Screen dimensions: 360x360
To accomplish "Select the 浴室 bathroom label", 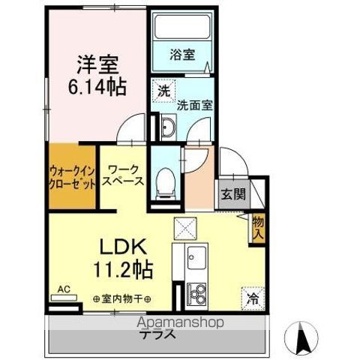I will point(182,55).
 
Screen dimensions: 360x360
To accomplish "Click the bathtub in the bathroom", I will point(181,31).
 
